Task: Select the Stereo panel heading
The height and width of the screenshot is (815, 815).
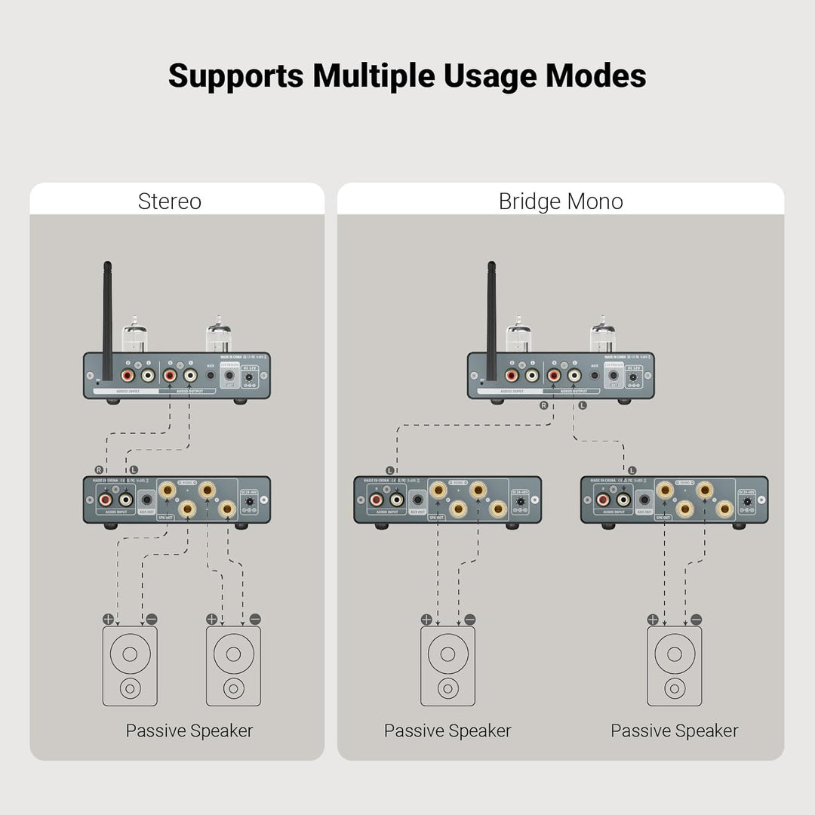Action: click(x=169, y=201)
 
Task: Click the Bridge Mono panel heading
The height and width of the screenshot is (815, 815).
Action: click(x=561, y=201)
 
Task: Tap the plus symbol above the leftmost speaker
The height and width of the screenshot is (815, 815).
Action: click(x=108, y=619)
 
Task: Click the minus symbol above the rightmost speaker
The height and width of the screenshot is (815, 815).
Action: click(x=696, y=620)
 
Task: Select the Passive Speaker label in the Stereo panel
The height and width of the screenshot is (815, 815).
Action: click(x=189, y=730)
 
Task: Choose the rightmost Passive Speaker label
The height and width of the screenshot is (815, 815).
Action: click(x=674, y=730)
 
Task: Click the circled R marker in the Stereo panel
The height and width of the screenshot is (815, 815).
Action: click(x=99, y=470)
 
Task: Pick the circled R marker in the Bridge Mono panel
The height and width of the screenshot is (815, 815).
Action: click(x=543, y=405)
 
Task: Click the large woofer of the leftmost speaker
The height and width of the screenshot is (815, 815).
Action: click(x=130, y=654)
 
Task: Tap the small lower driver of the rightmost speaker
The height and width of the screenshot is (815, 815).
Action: click(x=674, y=688)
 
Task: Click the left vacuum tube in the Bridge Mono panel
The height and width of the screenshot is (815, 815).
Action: click(x=518, y=336)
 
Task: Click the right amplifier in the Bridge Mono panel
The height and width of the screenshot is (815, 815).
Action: click(x=674, y=500)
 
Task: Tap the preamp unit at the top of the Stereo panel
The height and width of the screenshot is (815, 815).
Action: click(x=176, y=375)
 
